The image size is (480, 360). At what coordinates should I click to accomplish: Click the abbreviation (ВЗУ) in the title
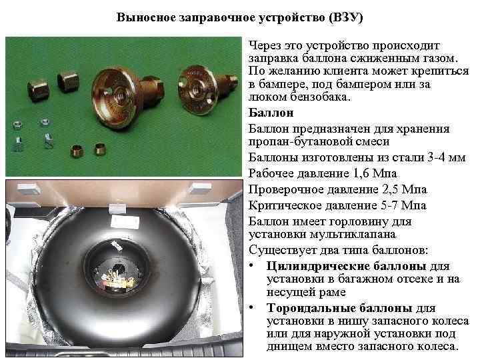pos(344,17)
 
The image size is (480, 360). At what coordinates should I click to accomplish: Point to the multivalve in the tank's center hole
pos(123,275)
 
